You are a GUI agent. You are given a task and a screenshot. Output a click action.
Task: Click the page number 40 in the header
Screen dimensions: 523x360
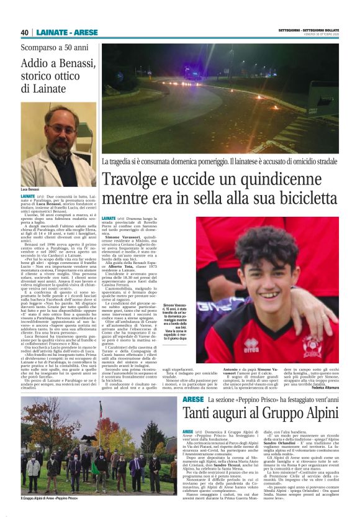click(25, 32)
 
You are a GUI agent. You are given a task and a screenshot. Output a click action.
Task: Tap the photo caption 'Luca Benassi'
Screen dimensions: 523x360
click(30, 188)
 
